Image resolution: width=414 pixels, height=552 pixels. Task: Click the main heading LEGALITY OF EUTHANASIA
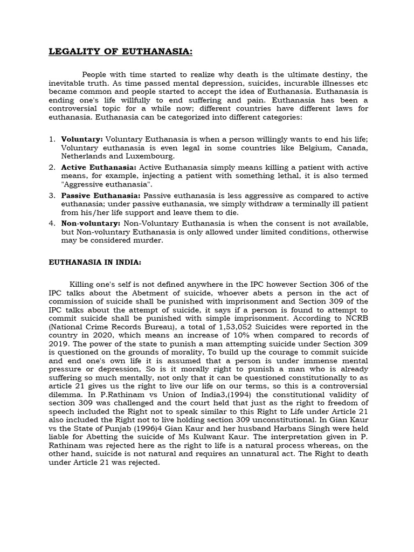(120, 52)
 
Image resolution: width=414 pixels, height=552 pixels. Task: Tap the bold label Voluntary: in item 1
(82, 139)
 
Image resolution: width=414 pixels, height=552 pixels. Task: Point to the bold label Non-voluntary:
(91, 223)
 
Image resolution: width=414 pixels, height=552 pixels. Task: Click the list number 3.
(52, 195)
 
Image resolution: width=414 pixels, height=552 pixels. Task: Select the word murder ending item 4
(148, 240)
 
